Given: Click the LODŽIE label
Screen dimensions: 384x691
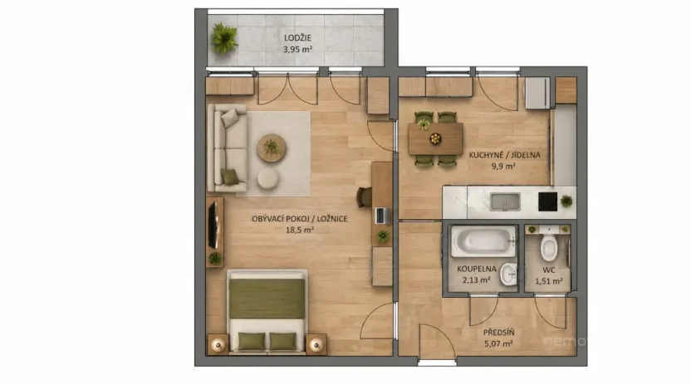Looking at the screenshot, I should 298,38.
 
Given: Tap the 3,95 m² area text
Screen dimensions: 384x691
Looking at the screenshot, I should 298,49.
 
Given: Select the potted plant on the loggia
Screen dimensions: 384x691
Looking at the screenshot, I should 223,37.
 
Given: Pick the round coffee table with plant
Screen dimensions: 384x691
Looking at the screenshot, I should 271,148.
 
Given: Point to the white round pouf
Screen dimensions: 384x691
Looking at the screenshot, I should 268,179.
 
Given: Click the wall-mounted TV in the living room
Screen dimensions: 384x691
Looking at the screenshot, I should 213,223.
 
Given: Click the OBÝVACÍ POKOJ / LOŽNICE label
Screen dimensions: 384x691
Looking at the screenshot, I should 300,219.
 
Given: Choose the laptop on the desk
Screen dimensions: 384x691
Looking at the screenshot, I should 381,216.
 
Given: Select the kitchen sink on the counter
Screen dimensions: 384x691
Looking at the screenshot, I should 504,202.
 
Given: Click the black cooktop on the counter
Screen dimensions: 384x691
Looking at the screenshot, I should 547,202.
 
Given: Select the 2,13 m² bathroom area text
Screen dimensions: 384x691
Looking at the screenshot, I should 476,280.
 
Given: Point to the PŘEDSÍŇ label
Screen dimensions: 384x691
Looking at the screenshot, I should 498,333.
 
